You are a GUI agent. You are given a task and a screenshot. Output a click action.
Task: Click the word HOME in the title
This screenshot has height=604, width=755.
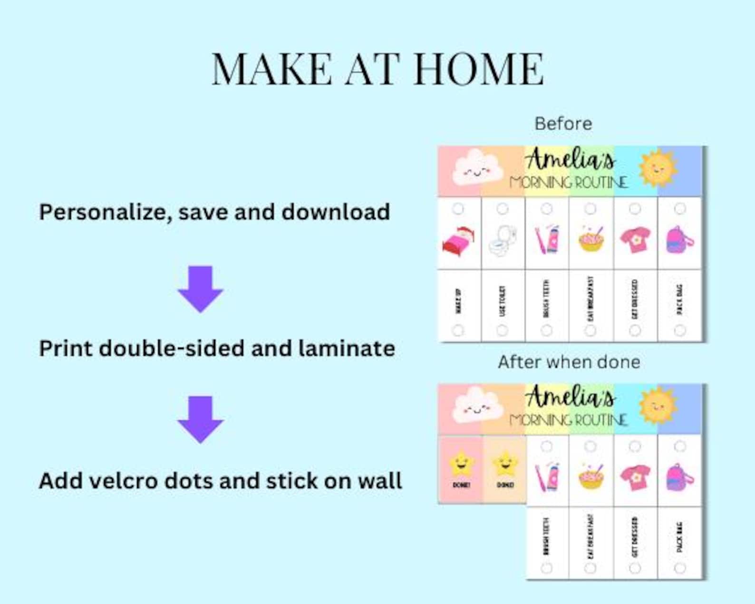coord(479,69)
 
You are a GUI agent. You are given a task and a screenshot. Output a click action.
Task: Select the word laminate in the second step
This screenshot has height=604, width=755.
coord(347,348)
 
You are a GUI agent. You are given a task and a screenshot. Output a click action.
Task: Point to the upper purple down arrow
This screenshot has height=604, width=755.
coord(201,288)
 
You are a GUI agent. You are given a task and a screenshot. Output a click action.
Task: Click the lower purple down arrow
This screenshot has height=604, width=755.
coord(201,419)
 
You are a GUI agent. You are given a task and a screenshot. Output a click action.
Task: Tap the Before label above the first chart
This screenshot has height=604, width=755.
coord(563,124)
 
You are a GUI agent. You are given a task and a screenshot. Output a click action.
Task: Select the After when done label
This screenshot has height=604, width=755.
coord(569,362)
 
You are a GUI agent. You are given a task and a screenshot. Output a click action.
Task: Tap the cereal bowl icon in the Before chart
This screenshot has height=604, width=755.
coord(591,239)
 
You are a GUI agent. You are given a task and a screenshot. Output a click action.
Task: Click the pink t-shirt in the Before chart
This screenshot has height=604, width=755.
coord(635,240)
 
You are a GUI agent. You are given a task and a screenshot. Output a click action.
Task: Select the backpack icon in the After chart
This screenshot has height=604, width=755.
coord(680,477)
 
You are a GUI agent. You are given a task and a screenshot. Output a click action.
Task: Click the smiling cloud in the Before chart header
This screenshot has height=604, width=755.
coord(477,168)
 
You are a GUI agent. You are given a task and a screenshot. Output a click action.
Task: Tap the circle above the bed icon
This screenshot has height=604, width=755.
coord(458,208)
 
